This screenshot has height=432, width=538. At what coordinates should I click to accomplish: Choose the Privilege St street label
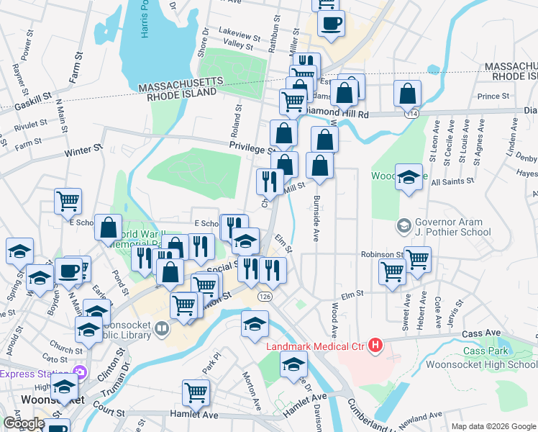(252, 146)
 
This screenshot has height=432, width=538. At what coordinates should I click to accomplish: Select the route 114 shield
(411, 114)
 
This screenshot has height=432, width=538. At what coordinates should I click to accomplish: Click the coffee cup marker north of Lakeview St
(331, 23)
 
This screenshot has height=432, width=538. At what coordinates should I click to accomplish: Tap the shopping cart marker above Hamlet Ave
(196, 392)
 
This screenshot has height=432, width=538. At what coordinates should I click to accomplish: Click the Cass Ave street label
(481, 334)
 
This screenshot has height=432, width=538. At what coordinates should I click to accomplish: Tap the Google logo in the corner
(24, 423)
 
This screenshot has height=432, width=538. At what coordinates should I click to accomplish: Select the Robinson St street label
(382, 255)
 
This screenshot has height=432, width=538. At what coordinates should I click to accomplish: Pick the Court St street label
(109, 412)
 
